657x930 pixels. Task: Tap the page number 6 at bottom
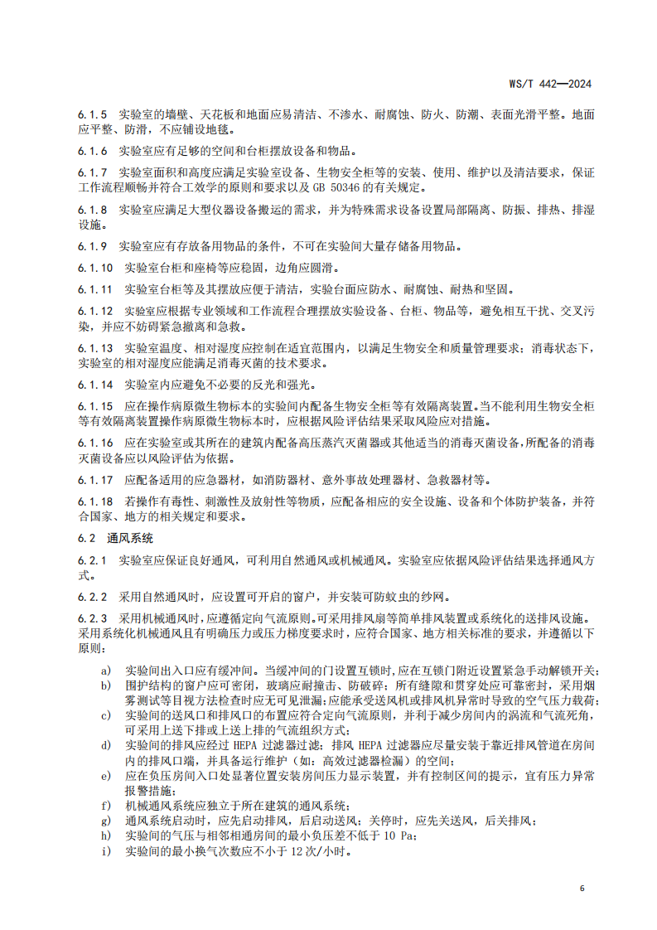582,888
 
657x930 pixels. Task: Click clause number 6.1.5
93,114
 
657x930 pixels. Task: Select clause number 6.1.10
96,268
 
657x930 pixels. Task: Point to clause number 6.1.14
96,385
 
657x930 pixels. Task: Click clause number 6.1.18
96,501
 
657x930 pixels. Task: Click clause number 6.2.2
93,597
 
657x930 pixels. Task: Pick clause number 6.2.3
93,618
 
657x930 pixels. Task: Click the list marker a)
105,670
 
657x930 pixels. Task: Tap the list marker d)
105,746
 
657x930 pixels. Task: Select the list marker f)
105,806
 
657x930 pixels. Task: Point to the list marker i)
105,850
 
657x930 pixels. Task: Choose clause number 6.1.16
96,443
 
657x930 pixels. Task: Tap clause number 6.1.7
93,172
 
